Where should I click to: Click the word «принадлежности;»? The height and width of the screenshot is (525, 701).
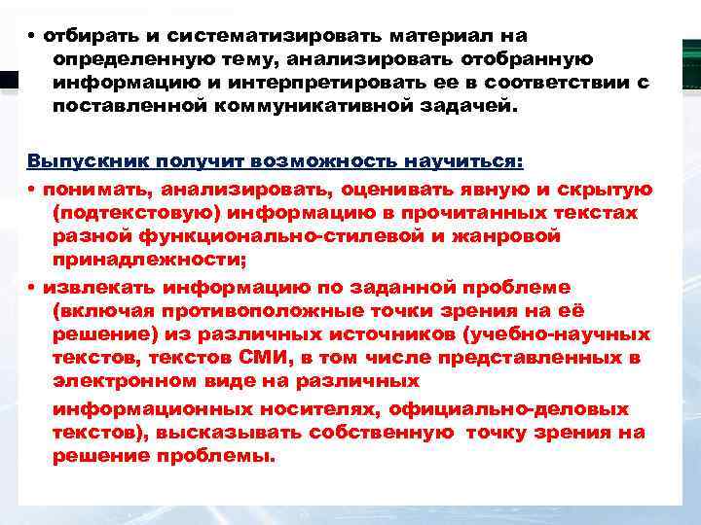coord(150,259)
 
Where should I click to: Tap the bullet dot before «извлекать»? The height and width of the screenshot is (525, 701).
coord(32,288)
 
